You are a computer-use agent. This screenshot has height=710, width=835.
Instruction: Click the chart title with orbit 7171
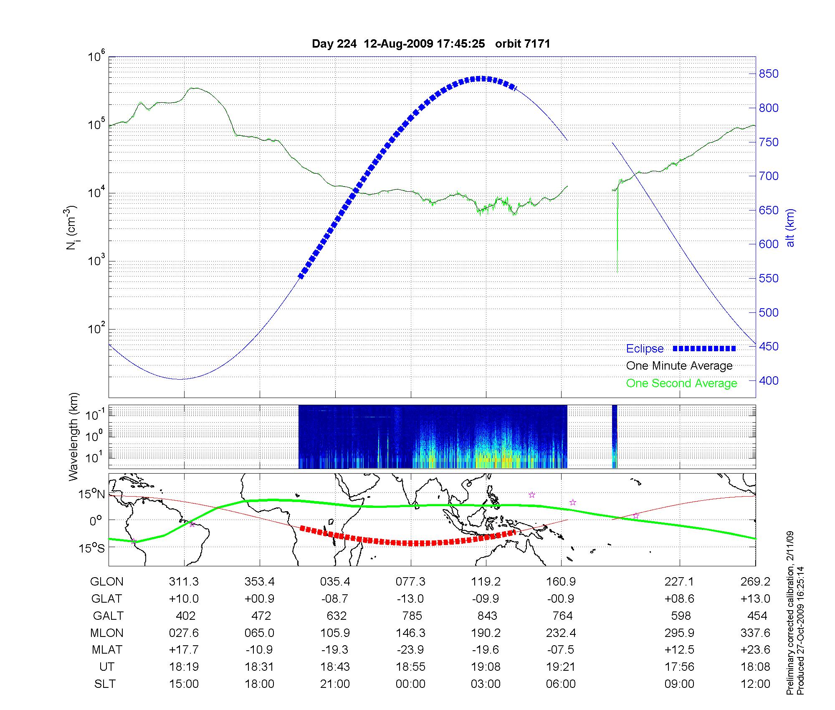pos(431,44)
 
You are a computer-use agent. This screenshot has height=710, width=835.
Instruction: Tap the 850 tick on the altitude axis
pos(769,74)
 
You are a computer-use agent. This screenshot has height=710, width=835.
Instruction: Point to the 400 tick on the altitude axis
pos(769,380)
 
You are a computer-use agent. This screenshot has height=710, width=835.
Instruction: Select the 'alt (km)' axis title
pos(790,228)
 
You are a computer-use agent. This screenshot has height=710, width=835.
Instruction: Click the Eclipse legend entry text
pos(645,349)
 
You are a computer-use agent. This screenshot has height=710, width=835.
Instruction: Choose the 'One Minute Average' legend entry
pos(679,366)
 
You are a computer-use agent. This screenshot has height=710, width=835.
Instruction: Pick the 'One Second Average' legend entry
pos(681,383)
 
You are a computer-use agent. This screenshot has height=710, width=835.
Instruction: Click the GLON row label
pos(107,581)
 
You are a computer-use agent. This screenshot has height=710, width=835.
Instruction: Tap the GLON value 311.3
pos(184,581)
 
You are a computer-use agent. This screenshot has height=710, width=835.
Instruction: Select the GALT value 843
pos(487,616)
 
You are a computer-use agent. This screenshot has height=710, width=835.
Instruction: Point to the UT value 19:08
pos(486,667)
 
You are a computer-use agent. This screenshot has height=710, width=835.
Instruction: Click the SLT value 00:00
pos(411,684)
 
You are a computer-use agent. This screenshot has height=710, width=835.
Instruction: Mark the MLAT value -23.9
pos(411,649)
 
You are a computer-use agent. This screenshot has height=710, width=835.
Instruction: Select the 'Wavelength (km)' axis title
pos(74,436)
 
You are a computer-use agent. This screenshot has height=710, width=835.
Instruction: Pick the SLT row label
pos(105,684)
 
